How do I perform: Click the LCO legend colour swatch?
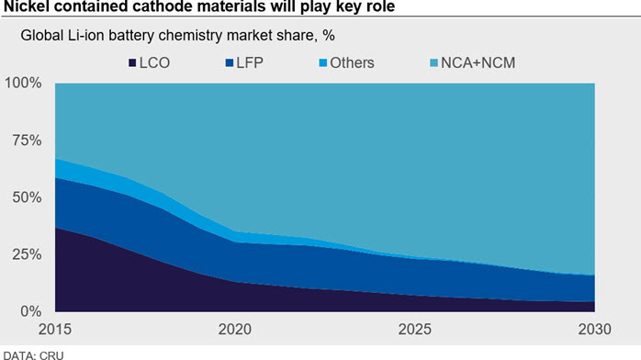click(x=132, y=63)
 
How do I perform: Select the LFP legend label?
click(x=250, y=63)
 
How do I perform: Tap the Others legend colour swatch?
click(x=323, y=63)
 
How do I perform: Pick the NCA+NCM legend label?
click(x=478, y=63)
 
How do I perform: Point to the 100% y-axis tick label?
click(x=23, y=83)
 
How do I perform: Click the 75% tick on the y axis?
click(x=27, y=141)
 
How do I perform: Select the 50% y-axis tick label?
click(x=27, y=197)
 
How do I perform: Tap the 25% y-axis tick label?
click(x=27, y=254)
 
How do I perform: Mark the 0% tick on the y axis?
click(x=30, y=311)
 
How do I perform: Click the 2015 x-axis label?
click(x=55, y=330)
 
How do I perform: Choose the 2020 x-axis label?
click(x=235, y=330)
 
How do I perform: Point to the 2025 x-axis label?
click(x=414, y=330)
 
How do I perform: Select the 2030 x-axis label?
click(x=594, y=330)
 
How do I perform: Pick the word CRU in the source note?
click(x=51, y=355)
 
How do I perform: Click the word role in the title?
click(x=380, y=6)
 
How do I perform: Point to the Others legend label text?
click(x=352, y=63)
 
